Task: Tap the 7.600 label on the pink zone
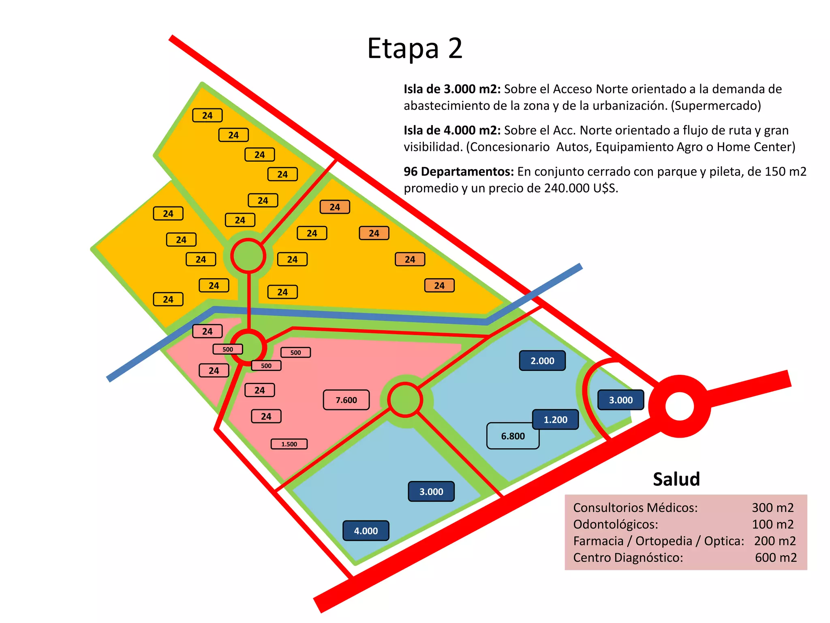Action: pos(346,400)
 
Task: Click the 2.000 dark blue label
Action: pos(542,361)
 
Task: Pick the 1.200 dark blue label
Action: pos(555,419)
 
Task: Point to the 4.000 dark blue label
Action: pos(366,531)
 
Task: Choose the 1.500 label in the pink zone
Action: pos(289,444)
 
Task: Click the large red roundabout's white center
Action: pos(680,406)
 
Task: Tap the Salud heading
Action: pos(676,479)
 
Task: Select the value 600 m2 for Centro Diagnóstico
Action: pos(775,557)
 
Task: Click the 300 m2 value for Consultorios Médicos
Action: pos(772,507)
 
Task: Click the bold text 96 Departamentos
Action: pos(459,172)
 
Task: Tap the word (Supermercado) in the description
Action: pos(716,106)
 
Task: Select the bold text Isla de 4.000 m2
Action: pos(452,130)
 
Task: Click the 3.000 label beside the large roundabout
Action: pos(620,400)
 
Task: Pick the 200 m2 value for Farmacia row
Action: pos(774,541)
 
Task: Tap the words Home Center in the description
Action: pos(756,147)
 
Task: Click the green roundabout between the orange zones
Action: pos(248,256)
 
